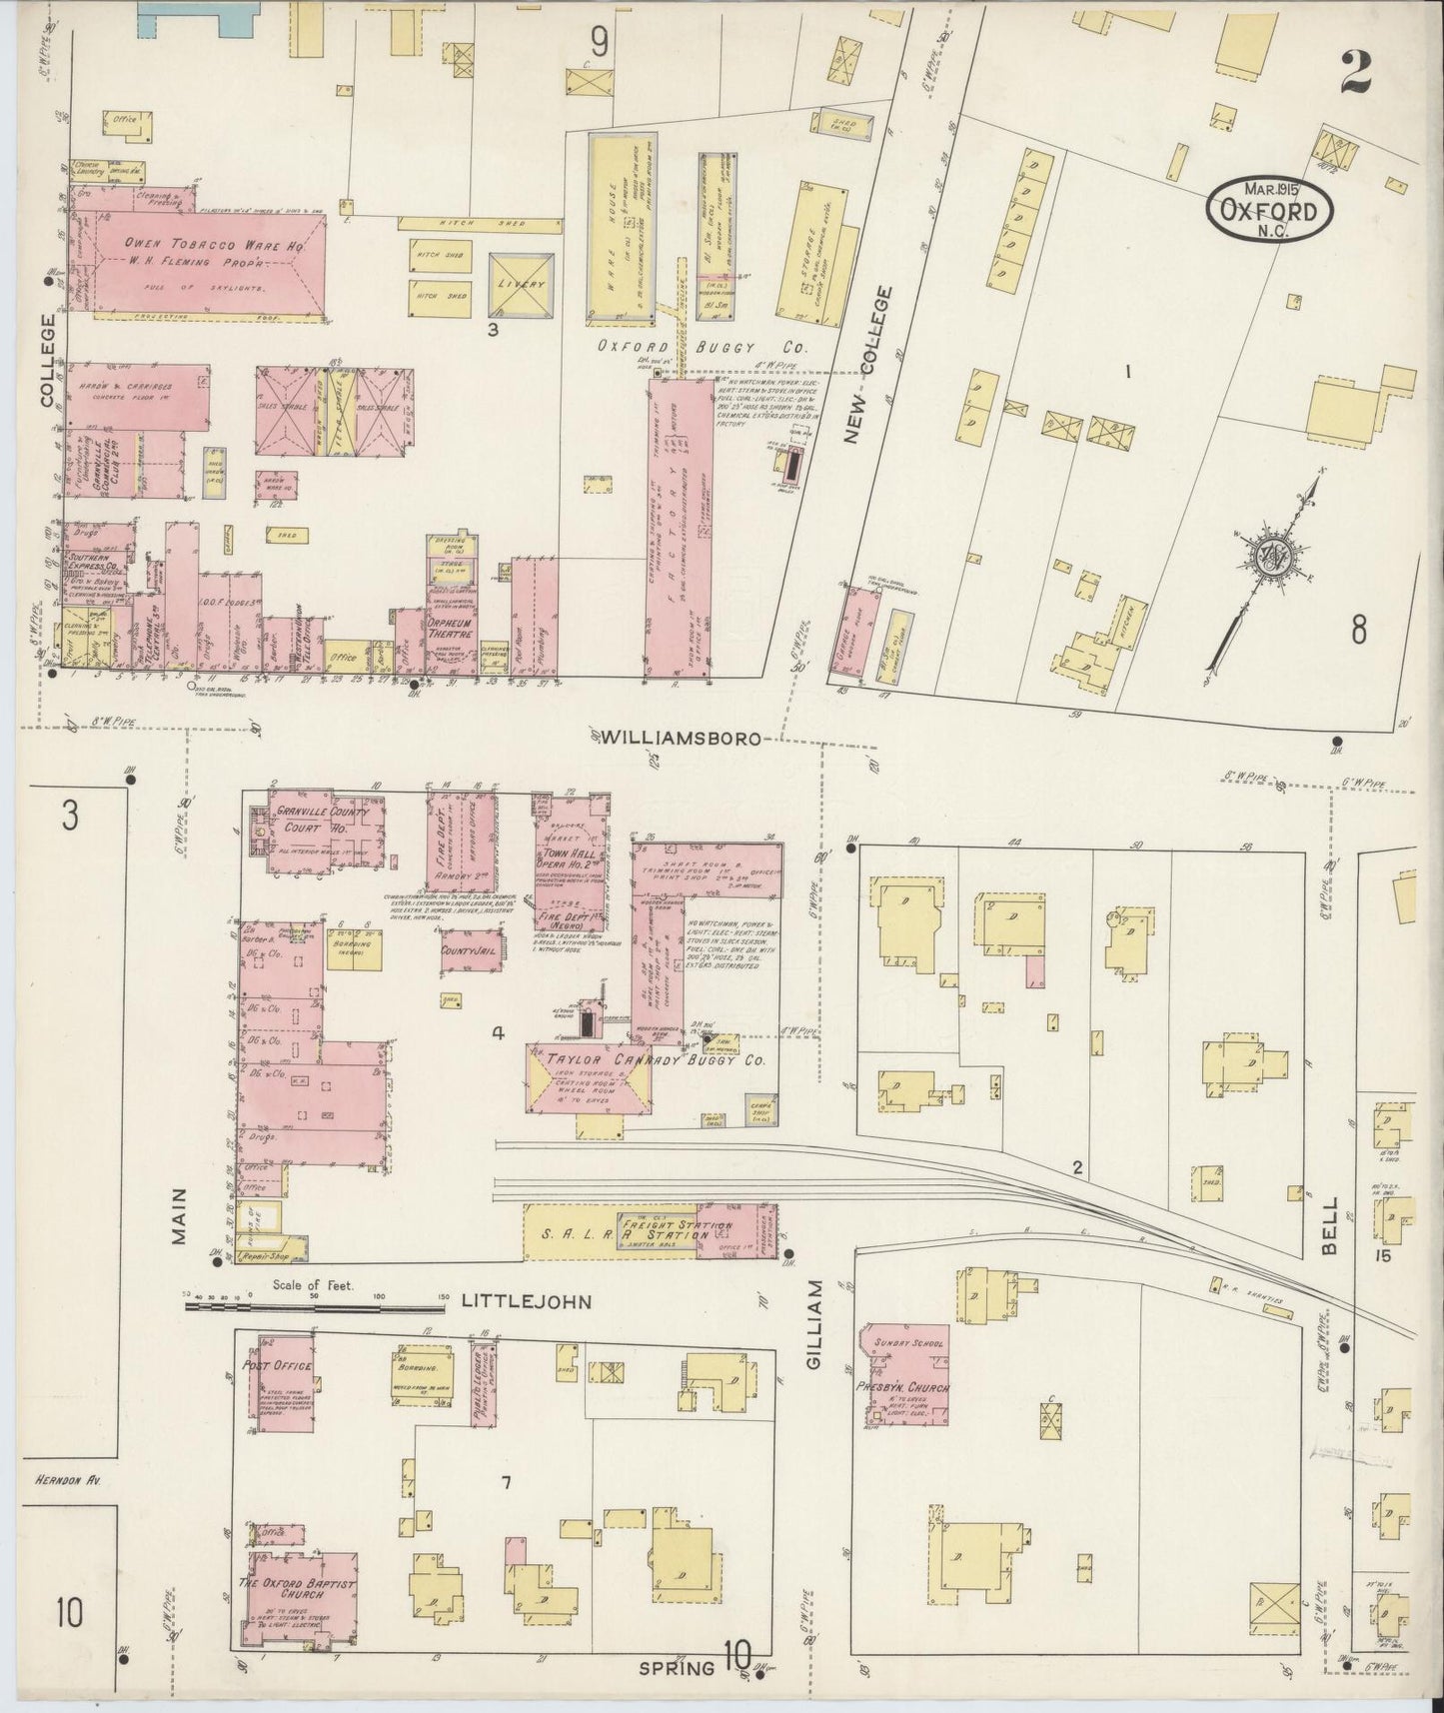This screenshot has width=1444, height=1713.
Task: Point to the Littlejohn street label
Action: tap(527, 1302)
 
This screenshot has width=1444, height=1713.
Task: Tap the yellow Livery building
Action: tap(522, 284)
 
